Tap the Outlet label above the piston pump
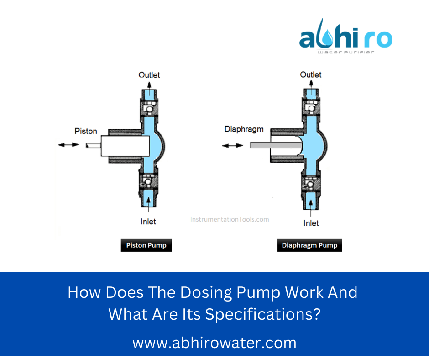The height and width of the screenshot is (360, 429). (149, 74)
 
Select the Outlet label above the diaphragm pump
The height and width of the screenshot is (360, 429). (311, 74)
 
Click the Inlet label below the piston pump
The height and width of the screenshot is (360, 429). (148, 222)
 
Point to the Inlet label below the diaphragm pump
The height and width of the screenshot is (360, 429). (311, 223)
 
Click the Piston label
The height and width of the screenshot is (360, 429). (86, 132)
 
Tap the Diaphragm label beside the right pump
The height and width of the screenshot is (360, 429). (244, 129)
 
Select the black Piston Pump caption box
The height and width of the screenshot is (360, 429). (146, 245)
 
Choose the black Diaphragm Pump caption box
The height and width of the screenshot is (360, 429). (309, 245)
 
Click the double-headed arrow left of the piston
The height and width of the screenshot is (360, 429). (68, 145)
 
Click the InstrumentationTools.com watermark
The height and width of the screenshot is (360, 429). (230, 219)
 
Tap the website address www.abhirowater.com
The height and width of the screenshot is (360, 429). (214, 343)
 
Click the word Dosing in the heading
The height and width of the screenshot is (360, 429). (177, 293)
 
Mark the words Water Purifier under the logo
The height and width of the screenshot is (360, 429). (345, 52)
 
